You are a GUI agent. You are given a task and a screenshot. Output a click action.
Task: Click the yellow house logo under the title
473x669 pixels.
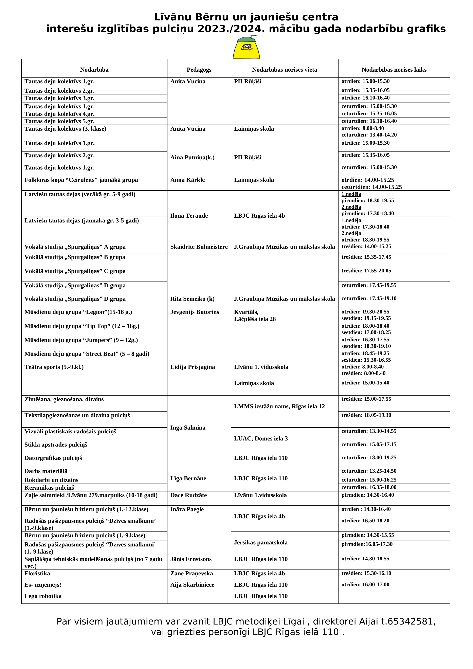(x=246, y=48)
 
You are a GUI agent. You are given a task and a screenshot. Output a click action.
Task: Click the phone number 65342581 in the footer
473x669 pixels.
(x=411, y=621)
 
